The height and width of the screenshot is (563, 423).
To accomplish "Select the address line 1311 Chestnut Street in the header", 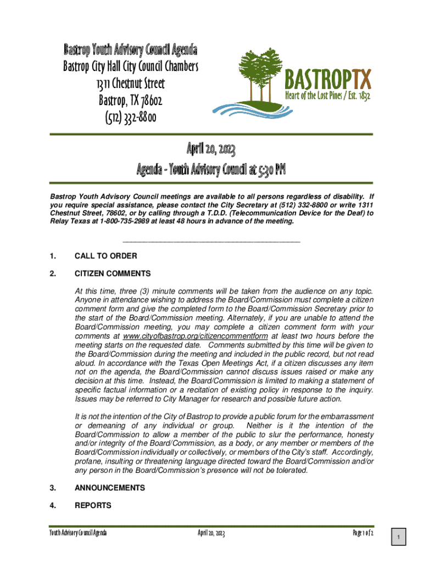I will pos(130,84).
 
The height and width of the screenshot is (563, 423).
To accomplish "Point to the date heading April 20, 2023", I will pos(211,149).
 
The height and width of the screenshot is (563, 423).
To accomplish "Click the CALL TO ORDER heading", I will pos(105,256).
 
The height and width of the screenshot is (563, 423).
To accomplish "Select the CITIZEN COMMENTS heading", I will pos(112,273).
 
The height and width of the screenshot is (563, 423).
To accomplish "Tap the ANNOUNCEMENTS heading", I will pos(109,488).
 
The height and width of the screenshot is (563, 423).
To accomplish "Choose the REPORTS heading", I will pos(93,505).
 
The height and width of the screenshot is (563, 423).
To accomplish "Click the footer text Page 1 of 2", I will pos(363,534).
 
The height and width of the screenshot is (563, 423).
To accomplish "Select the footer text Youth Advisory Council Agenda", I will pos(77,534).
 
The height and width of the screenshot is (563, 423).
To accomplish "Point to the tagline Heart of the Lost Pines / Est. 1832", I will pos(327,96).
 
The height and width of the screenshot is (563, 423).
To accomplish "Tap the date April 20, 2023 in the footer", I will pos(211,534).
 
